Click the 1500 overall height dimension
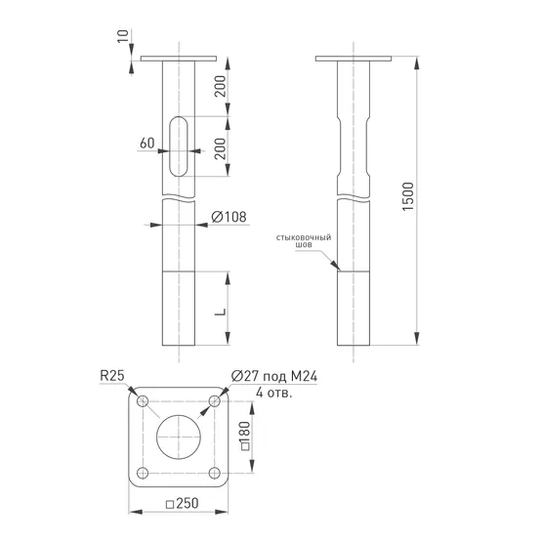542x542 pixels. click(408, 196)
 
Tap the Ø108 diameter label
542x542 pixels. click(229, 217)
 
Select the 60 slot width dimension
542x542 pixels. click(147, 143)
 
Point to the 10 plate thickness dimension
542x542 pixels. click(123, 36)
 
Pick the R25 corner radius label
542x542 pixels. click(112, 376)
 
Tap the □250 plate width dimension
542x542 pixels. click(183, 503)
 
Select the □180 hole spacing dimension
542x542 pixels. click(245, 436)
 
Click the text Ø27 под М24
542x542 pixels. click(274, 376)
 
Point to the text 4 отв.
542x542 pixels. click(274, 393)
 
